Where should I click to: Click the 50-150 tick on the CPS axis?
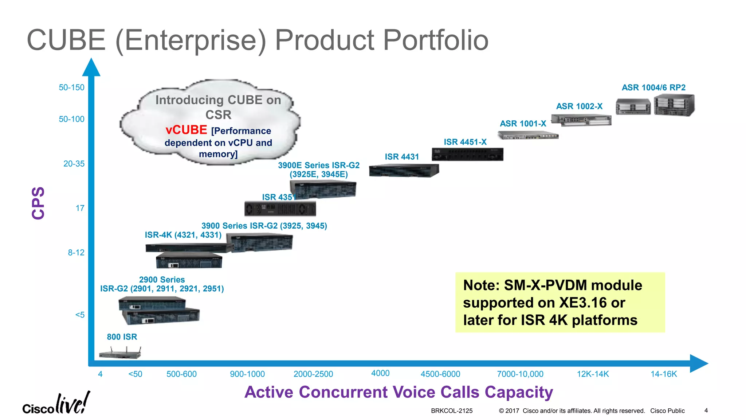71,87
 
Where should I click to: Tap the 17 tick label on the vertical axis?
80,208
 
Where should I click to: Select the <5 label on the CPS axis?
80,315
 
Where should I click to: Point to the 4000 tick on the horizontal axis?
380,373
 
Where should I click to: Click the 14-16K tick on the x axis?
664,374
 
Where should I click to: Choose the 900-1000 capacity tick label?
247,374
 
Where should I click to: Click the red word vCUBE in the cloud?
186,130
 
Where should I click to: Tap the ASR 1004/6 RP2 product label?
653,87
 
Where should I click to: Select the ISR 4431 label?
402,157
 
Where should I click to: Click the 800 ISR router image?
120,353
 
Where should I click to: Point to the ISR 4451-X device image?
467,154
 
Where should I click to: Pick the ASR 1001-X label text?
523,124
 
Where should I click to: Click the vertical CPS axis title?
38,203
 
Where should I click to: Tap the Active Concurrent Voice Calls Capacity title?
398,392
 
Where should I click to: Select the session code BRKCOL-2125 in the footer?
452,411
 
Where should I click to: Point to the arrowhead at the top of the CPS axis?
91,68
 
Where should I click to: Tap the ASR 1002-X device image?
581,120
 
